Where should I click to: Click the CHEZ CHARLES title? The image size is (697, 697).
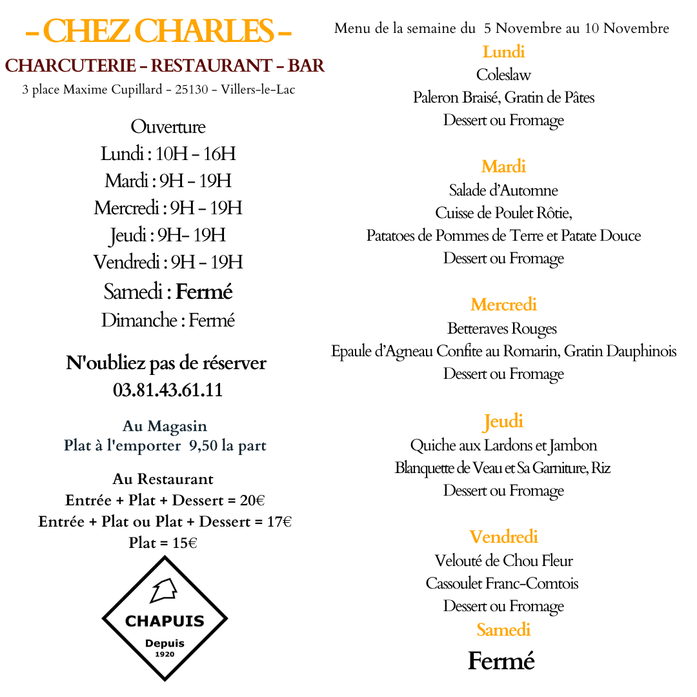[x=158, y=31]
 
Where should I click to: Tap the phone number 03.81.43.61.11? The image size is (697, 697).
[x=168, y=390]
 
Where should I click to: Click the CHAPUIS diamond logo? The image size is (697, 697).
[x=165, y=619]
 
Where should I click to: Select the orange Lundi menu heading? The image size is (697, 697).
[x=503, y=52]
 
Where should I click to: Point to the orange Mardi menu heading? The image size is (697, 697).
[x=503, y=167]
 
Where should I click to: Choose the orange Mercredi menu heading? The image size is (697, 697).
[x=503, y=305]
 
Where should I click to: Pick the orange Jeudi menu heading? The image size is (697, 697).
[x=503, y=421]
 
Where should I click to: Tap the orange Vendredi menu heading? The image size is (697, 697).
[x=503, y=537]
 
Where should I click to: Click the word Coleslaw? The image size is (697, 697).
[x=503, y=75]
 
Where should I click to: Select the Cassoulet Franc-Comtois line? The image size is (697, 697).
[x=502, y=583]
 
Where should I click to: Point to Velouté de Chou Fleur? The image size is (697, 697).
[x=503, y=561]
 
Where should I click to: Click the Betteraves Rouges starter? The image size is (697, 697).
[x=502, y=328]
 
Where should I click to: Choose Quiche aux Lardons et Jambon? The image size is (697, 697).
[x=503, y=445]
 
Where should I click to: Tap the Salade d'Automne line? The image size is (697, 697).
[x=503, y=190]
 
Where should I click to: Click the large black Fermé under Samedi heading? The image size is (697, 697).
[x=501, y=661]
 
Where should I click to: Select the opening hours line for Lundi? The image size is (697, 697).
[x=168, y=154]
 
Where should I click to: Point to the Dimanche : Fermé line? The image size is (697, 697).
[x=168, y=320]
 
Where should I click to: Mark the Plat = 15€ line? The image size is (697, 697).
[x=163, y=543]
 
